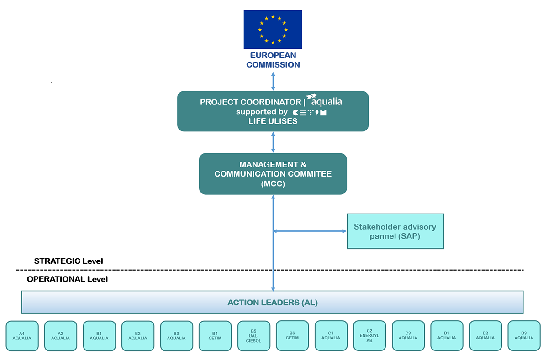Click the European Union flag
[x=273, y=30]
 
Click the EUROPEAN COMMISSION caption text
[x=273, y=60]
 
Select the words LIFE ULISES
[x=273, y=121]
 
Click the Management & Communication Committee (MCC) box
[x=273, y=174]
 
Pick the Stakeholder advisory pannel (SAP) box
[x=395, y=231]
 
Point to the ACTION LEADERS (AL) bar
[x=272, y=302]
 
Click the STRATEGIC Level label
[x=68, y=261]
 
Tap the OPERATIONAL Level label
[x=67, y=279]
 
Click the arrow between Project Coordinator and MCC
[x=273, y=142]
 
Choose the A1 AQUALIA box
[x=22, y=336]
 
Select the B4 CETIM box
[x=215, y=336]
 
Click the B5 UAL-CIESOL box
[x=253, y=336]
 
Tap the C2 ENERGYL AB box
[x=369, y=336]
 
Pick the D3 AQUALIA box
[x=523, y=336]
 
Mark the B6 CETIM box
[x=292, y=336]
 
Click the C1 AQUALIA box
[x=331, y=336]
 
